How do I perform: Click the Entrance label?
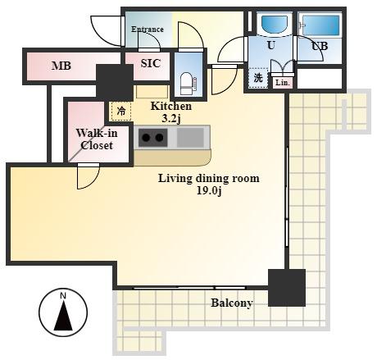point(148,29)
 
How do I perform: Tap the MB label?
point(61,66)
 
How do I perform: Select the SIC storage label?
point(150,63)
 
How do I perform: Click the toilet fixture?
point(188,84)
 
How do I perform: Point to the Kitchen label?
point(171,106)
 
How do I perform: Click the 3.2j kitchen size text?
point(171,119)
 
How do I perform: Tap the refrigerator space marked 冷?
point(121,111)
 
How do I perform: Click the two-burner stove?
point(152,137)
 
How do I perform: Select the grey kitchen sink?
point(190,137)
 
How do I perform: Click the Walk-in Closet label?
point(97,139)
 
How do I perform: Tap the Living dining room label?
point(209,178)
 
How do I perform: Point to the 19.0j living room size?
point(209,191)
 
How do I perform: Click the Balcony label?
point(232,303)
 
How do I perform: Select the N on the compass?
point(63,295)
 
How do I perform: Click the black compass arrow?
point(63,316)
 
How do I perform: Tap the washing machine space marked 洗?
point(258,78)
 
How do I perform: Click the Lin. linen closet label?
point(283,83)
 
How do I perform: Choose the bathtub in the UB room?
point(320,25)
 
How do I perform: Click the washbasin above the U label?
point(275,25)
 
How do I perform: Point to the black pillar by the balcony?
point(287,288)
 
